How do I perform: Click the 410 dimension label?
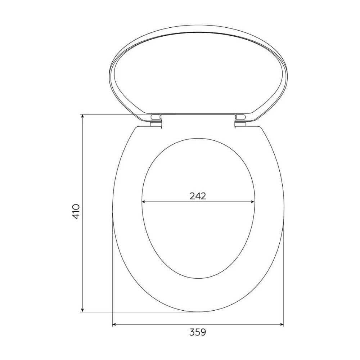point(76,211)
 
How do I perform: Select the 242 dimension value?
point(198,196)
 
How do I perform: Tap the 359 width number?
point(198,332)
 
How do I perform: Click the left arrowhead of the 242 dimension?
point(144,202)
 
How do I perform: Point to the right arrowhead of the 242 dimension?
point(252,202)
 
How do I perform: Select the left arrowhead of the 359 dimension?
point(114,324)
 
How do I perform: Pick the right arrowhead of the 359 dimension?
point(282,324)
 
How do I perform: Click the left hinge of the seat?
point(156,121)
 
